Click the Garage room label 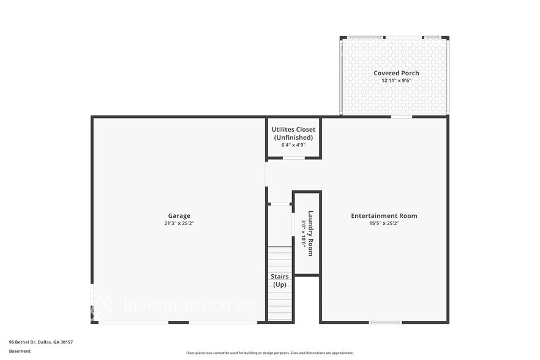[179, 216]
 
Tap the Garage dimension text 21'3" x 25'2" [179, 223]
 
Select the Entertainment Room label [384, 216]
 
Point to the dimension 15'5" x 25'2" [384, 223]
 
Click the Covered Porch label [396, 73]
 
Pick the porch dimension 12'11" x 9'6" [396, 80]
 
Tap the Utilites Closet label [293, 129]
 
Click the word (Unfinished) [293, 137]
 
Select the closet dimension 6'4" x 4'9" [293, 145]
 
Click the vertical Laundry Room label [311, 233]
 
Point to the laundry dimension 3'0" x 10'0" [303, 233]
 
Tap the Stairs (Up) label [280, 280]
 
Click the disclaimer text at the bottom [269, 353]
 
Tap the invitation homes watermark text [188, 305]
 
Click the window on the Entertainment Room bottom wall [385, 323]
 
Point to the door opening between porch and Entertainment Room [401, 116]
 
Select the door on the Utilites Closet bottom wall [294, 158]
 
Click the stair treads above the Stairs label [280, 257]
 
